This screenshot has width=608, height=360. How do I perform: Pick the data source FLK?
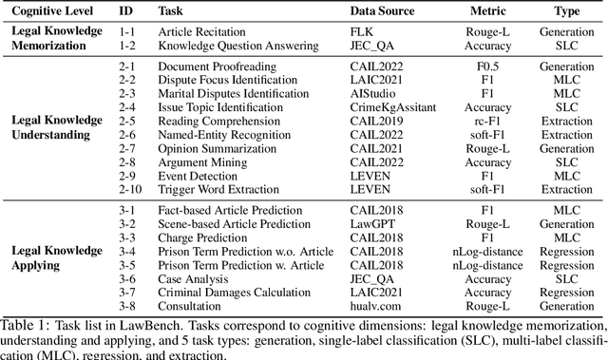pos(346,30)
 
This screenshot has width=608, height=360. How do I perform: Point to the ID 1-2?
pos(125,44)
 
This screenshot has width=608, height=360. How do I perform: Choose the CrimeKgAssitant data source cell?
pos(377,107)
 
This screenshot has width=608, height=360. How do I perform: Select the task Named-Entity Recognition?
pos(224,134)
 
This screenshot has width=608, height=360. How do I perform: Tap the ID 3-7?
pos(125,291)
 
